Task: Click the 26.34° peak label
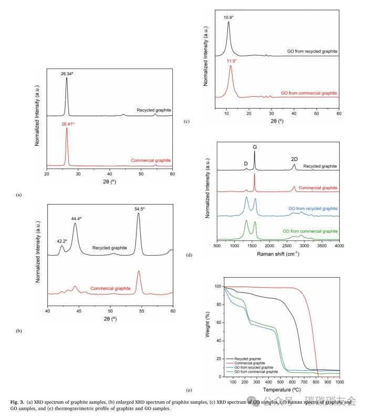(x=67, y=74)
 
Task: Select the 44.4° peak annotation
(x=76, y=218)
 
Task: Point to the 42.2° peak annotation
(x=62, y=241)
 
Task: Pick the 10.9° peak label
(x=228, y=18)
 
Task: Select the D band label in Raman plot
(x=246, y=164)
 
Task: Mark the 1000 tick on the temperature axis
(x=339, y=382)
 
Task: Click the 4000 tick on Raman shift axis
(x=339, y=245)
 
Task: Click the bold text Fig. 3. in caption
(x=17, y=402)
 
